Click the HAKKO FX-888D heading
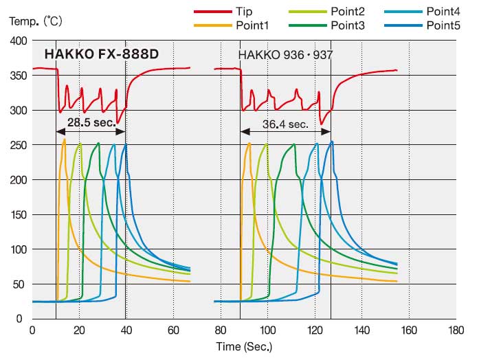(x=102, y=54)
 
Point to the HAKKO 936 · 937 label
(x=285, y=54)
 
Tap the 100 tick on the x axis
(x=268, y=330)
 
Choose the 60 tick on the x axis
(x=174, y=330)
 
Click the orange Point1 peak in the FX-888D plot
(x=65, y=139)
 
